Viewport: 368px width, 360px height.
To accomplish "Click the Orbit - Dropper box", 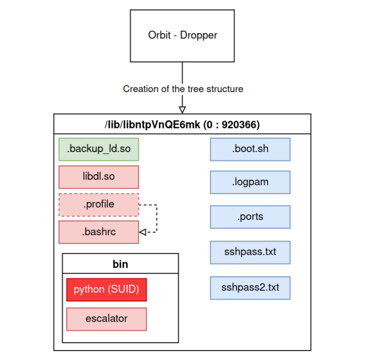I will (182, 36).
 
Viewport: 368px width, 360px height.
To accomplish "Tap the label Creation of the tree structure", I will (182, 89).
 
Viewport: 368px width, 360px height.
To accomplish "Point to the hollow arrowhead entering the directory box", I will (182, 109).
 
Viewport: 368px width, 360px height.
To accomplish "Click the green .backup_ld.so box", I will (99, 149).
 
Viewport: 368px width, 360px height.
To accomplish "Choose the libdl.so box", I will (99, 177).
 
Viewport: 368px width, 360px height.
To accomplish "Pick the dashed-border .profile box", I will (99, 204).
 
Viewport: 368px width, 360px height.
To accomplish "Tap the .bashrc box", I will (99, 232).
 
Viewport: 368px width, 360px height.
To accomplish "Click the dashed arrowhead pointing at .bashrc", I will (142, 232).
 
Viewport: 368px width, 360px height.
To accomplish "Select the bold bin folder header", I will (120, 264).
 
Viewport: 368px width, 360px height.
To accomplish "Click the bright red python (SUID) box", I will (106, 289).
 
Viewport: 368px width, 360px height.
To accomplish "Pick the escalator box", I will (106, 319).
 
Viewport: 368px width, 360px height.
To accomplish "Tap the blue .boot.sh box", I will (250, 149).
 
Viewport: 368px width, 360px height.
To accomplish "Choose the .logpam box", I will (250, 182).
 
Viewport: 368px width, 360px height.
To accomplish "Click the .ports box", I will (250, 216).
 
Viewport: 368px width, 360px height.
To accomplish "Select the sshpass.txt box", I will (250, 252).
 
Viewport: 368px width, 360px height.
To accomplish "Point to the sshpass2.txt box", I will (250, 287).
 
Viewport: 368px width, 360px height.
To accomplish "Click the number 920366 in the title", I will (239, 125).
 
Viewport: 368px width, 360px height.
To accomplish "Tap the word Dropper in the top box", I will (199, 36).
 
